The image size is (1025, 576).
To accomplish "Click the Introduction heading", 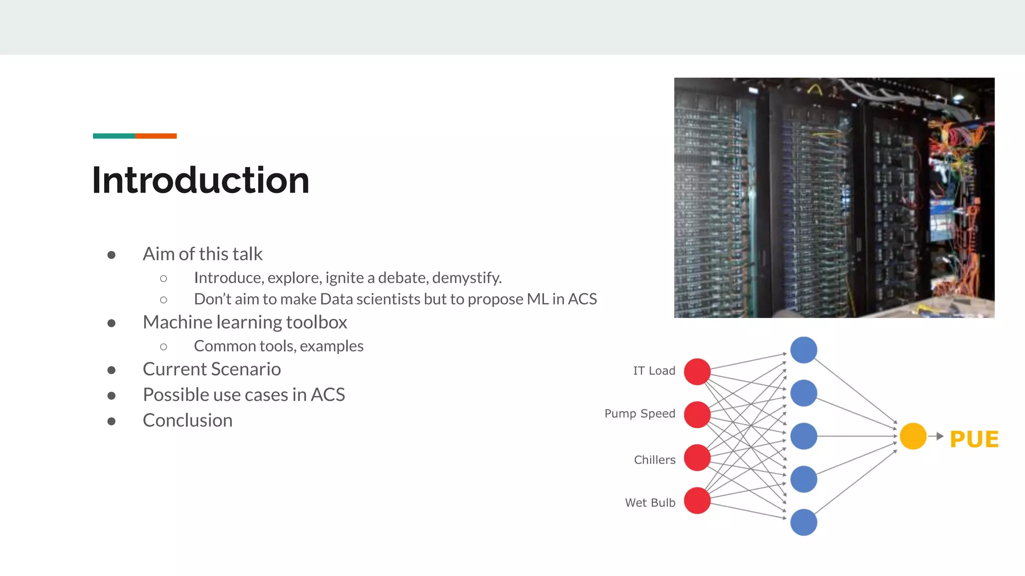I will (200, 180).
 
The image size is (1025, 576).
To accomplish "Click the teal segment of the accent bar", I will (114, 136).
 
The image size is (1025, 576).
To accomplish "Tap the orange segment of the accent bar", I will (156, 136).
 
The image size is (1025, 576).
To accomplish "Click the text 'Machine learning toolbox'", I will (245, 322).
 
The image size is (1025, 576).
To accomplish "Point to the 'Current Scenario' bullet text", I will (212, 369).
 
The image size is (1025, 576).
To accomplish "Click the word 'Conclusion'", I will (188, 420).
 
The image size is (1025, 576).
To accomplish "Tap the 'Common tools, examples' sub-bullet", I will (278, 346).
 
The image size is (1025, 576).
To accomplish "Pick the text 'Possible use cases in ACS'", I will (244, 395).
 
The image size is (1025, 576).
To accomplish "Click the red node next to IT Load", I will (697, 371).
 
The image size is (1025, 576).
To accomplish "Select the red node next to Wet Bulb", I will (697, 500).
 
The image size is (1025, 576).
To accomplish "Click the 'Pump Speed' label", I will (640, 413).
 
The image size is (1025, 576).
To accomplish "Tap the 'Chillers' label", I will (655, 460).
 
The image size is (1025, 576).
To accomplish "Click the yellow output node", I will (913, 436).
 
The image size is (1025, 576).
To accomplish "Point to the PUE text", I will (974, 439).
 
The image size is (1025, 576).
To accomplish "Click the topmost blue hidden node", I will (804, 350).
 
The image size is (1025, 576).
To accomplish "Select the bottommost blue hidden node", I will (804, 522).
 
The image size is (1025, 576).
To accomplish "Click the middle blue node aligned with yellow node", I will (804, 436).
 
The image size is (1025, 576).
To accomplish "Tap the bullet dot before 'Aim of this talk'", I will (112, 255).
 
